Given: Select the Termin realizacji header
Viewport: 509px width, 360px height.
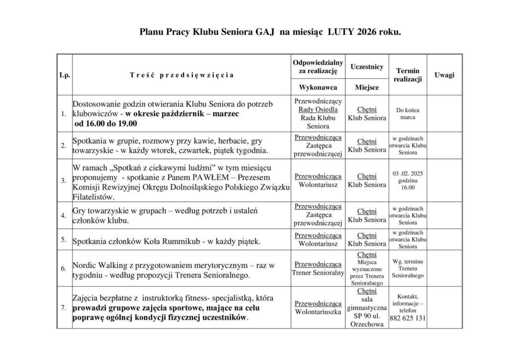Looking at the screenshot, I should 407,75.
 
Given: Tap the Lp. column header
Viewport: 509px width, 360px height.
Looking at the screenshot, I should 64,75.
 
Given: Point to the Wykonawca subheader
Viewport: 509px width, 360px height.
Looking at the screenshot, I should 318,88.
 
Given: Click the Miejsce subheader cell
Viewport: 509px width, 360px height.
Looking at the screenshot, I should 367,88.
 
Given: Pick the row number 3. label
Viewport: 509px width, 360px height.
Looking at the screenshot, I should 64,180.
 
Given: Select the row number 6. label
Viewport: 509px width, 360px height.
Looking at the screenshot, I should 64,269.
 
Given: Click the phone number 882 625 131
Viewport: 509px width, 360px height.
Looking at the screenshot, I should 407,318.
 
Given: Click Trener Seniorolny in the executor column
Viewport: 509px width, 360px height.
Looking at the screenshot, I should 318,273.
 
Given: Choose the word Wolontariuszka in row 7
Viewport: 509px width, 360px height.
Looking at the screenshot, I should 318,312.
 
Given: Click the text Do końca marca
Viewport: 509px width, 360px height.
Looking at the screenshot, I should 407,114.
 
